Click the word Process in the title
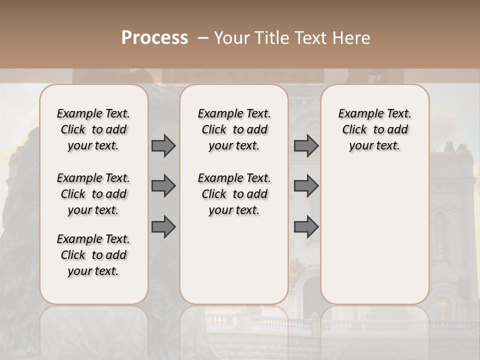coord(154,38)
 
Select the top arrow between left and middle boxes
coord(163,146)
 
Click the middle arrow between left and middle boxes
coord(163,186)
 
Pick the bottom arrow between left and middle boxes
coord(163,227)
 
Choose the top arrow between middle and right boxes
coord(306,146)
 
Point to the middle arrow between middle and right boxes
coord(306,186)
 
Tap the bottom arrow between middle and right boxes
coord(306,227)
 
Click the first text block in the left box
coord(93,129)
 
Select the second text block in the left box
coord(93,194)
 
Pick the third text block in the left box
coord(93,255)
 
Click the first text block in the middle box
coord(234,129)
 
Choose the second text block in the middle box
coord(234,194)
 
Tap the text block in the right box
coord(374,129)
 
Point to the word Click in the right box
coord(354,130)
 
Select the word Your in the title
coord(230,38)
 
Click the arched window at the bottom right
coord(443,308)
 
